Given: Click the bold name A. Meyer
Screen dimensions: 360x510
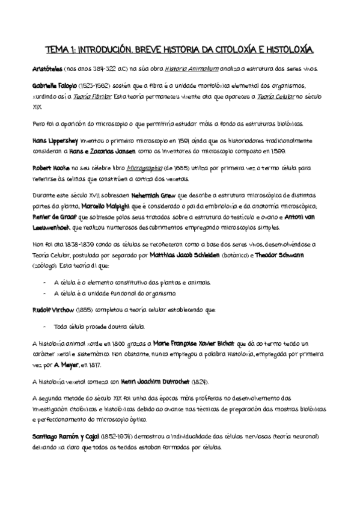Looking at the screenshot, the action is (67, 364).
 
